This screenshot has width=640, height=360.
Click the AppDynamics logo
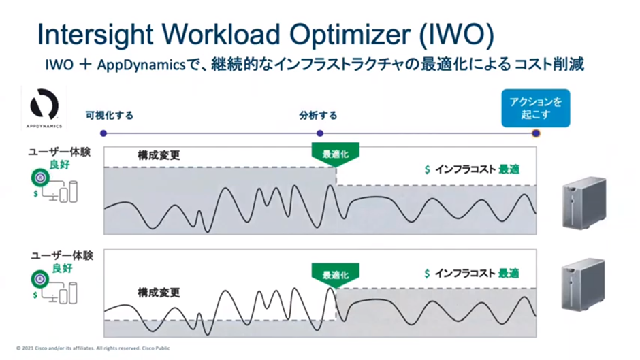tap(44, 108)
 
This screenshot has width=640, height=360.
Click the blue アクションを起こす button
tap(536, 108)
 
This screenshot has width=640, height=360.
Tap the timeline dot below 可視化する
tap(103, 133)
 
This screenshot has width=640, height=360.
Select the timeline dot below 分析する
tap(320, 133)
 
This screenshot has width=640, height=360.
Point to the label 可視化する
tap(110, 116)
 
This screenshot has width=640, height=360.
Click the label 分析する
tap(319, 116)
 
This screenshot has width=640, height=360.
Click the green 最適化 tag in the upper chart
tap(336, 154)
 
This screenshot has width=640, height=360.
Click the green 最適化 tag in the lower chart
tap(336, 275)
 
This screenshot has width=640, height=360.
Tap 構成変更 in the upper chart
tap(159, 155)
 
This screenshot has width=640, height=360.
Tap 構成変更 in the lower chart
tap(159, 292)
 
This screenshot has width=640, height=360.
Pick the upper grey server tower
tap(584, 202)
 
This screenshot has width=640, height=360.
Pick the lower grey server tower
tap(583, 284)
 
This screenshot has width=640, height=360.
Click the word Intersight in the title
tap(95, 35)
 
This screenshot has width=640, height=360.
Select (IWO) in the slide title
tap(456, 35)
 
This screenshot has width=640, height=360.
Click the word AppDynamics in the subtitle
tap(141, 65)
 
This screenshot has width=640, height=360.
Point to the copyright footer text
tap(93, 348)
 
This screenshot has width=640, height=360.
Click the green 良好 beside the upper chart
tap(60, 165)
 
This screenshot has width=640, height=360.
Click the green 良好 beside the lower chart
tap(63, 268)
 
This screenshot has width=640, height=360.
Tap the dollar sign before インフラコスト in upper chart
tap(428, 169)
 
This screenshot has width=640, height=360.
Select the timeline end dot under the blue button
tap(536, 133)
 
